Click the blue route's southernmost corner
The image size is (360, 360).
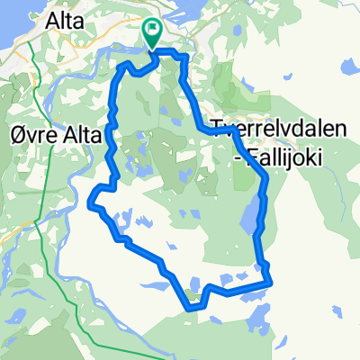point(192,307)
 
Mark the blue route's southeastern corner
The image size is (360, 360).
point(270,283)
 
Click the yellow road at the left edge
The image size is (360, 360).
point(4,236)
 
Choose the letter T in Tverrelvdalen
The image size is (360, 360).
point(212,129)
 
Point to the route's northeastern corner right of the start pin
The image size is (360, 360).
point(186,57)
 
